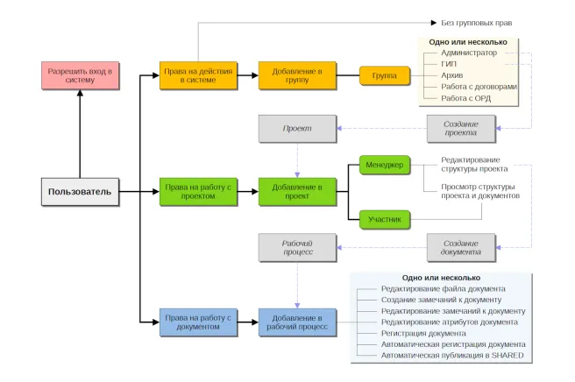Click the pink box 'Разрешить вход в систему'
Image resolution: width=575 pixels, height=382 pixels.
coord(81,75)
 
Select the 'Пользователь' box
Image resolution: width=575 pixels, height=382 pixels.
coord(81,192)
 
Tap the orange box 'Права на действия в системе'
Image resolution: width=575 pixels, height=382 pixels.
coord(198,75)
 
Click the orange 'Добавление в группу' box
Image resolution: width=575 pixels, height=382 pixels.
coord(297,75)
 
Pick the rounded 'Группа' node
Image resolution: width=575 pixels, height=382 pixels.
coord(385,75)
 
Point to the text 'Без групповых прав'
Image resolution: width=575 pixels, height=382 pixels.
coord(476,23)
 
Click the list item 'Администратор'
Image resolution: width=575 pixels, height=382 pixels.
coord(469,53)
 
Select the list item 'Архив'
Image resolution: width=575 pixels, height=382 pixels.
coord(451,75)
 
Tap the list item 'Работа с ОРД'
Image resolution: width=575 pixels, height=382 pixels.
coord(465,98)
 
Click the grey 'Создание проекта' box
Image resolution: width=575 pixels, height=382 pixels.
coord(461,129)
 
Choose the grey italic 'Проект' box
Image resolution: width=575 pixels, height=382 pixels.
coord(297,129)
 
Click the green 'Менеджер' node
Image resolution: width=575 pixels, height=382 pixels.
coord(385,165)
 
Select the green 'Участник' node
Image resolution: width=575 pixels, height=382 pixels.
coord(385,220)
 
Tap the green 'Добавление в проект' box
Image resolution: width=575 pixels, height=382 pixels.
coord(297,192)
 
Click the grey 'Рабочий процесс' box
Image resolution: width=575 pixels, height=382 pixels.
coord(297,248)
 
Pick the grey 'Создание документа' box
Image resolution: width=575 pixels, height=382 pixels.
coord(461,248)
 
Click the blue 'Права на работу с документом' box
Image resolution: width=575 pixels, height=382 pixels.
coord(198,322)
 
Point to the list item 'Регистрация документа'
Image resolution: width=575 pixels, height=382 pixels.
coord(423,334)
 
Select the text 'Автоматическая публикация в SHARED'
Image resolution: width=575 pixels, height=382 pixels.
coord(452,356)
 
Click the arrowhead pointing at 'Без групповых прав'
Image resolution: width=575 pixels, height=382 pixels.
coord(434,23)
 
